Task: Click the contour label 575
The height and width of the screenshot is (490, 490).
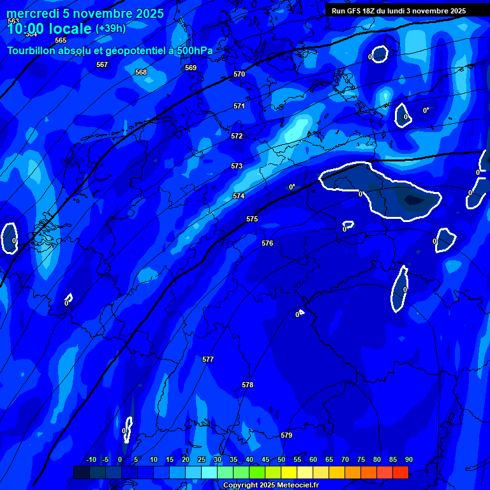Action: pos(252,219)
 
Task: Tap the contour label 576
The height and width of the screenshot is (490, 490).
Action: pos(267,243)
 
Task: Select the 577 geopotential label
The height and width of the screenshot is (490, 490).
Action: pos(208,359)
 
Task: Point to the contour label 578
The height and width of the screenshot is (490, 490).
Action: pos(248,385)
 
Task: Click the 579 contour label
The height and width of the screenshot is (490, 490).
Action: pos(286,435)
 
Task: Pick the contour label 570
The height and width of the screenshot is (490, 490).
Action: pos(239,74)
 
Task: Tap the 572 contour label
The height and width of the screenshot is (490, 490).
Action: pos(237,136)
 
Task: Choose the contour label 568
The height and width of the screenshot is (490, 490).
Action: pos(141,72)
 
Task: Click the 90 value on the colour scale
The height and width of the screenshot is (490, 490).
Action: pos(409,459)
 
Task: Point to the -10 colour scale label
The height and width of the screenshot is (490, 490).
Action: pos(91,459)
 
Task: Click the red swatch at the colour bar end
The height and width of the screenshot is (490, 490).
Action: pos(400,472)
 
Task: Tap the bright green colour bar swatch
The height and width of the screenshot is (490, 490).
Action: pos(256,472)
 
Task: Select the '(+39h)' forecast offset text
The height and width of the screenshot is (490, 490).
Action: pos(110,29)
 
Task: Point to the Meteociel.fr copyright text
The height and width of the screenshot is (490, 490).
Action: pos(271,486)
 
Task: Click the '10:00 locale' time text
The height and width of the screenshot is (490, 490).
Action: pos(49,29)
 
